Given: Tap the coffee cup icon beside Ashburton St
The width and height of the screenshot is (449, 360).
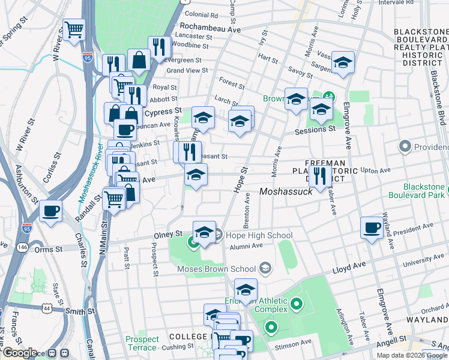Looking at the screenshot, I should click(x=51, y=211).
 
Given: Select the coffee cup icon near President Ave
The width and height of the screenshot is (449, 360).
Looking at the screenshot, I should click(x=372, y=228).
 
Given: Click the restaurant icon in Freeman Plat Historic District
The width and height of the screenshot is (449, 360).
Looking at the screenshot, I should click(x=319, y=176).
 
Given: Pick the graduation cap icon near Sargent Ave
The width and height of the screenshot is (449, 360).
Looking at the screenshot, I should click(x=343, y=62).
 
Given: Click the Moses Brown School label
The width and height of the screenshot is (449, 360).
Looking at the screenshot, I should click(x=216, y=269).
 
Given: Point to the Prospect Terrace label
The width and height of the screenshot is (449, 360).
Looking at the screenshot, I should click(x=142, y=343).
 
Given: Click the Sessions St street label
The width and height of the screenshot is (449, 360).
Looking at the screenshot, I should click(x=314, y=130).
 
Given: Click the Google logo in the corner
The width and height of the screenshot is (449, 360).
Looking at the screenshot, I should click(x=19, y=353).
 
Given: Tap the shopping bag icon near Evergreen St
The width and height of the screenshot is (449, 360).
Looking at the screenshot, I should click(x=139, y=60).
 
